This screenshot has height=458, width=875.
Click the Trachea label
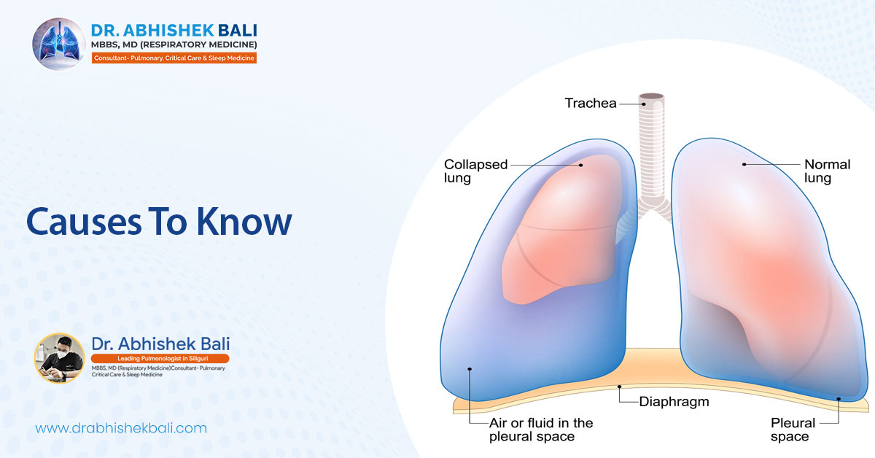click(590, 103)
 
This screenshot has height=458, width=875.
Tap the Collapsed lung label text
click(475, 171)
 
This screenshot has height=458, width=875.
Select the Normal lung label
click(827, 171)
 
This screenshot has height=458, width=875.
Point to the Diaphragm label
click(674, 401)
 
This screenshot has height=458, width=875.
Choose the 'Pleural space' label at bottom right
click(793, 430)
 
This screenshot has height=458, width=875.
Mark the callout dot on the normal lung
click(744, 164)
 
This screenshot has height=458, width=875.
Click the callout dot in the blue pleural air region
click(470, 369)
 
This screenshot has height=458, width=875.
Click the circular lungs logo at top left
click(59, 44)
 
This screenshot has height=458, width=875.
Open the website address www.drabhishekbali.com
click(121, 428)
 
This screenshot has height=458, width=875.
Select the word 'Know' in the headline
click(248, 222)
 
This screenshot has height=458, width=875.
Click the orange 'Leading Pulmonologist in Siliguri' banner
click(160, 358)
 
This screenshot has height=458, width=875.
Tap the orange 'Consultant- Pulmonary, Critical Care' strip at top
click(174, 58)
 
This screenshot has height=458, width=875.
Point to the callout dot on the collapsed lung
click(582, 165)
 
